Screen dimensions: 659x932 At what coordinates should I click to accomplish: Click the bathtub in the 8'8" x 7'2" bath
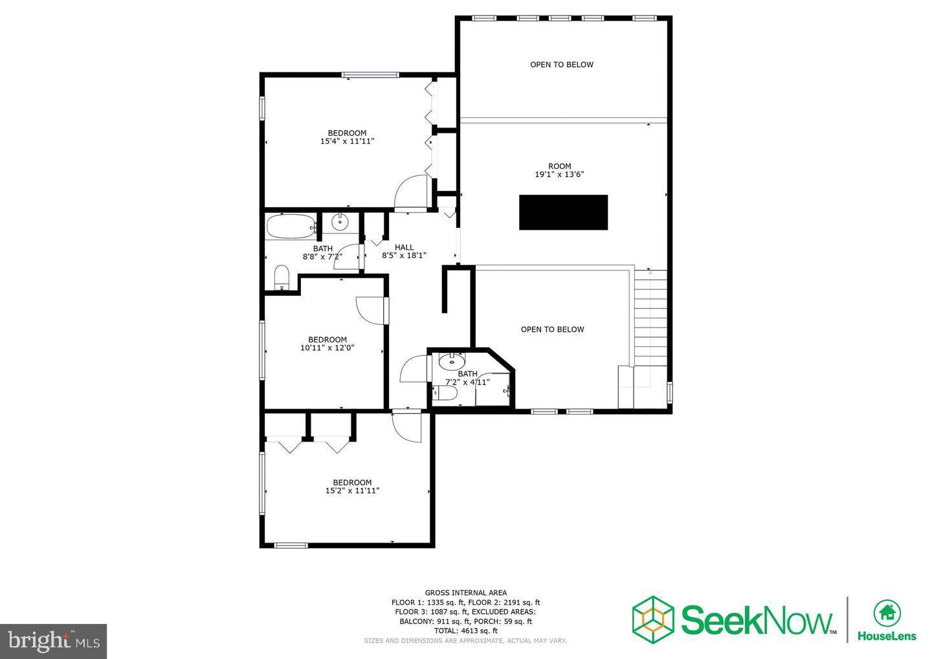click(289, 227)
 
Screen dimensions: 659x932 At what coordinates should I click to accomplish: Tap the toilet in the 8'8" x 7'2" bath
click(282, 278)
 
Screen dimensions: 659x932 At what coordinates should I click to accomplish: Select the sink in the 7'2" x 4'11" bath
click(451, 361)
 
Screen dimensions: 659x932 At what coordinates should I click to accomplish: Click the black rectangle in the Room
click(563, 212)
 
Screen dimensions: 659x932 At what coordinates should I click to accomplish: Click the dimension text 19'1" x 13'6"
click(559, 175)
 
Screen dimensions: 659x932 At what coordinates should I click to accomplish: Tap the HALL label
click(404, 247)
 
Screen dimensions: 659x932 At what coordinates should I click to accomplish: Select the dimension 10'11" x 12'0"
click(327, 348)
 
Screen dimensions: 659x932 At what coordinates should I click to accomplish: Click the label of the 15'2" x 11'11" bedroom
click(352, 482)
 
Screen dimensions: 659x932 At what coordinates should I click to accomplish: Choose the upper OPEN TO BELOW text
click(561, 65)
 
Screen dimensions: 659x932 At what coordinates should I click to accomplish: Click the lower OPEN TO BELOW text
click(552, 329)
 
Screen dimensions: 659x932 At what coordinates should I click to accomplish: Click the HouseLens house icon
click(887, 612)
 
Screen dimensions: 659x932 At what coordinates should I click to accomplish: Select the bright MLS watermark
click(53, 641)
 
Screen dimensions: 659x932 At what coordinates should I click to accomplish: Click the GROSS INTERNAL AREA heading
click(465, 592)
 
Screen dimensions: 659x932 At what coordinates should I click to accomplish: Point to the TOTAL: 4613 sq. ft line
click(465, 631)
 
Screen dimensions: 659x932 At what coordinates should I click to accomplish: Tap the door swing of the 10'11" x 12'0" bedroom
click(370, 309)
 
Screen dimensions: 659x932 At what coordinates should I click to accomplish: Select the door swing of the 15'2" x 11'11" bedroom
click(407, 427)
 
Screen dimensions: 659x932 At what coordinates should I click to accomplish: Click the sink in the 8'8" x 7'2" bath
click(340, 223)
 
